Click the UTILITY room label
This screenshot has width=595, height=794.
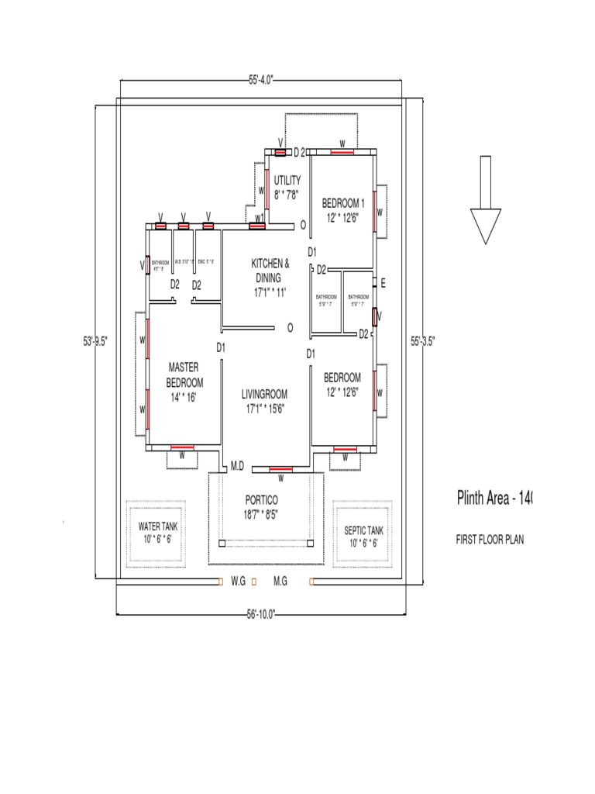point(287,186)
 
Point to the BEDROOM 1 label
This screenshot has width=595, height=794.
point(342,209)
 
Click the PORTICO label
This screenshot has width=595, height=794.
point(261,506)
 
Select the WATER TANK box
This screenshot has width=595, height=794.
point(158,533)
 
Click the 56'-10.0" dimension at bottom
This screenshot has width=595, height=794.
point(260,614)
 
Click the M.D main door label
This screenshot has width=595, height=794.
point(238,466)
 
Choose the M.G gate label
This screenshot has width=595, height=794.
point(280,581)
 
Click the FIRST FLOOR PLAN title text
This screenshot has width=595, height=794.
point(490,540)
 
